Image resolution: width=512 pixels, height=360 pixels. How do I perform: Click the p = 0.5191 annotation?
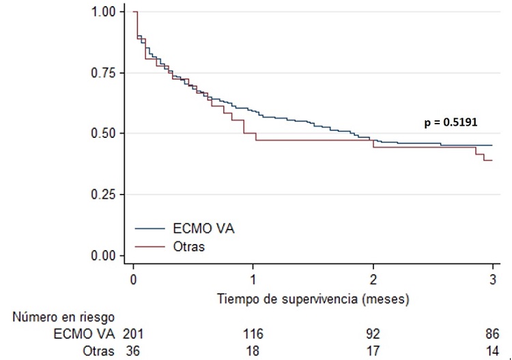[450, 122]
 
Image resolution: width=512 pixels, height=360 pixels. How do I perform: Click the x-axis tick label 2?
[373, 279]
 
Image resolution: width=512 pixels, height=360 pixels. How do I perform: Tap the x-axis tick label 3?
[492, 279]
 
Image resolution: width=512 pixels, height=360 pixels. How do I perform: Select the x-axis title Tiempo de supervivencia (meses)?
[313, 299]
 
